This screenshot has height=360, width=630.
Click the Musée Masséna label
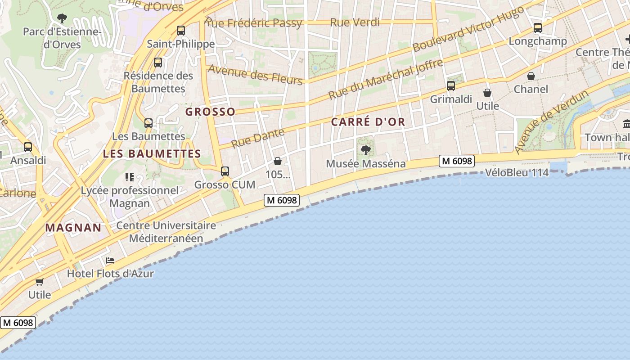point(365,163)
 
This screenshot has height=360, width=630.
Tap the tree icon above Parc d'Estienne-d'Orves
point(62,18)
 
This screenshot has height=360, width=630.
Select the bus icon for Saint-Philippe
point(181,31)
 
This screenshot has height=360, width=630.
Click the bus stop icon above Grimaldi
point(451,85)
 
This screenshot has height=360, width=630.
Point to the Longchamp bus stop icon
point(537,28)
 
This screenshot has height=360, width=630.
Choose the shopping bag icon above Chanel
point(531,76)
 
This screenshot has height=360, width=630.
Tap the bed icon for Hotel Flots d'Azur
point(110,261)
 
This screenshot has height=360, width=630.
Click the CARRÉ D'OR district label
point(368,121)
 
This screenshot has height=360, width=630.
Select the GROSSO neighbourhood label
point(210,112)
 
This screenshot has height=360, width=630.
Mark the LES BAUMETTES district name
point(152,153)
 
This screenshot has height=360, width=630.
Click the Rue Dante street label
point(258,138)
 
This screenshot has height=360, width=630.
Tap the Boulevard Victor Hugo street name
point(468,28)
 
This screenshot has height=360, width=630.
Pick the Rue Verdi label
point(355,22)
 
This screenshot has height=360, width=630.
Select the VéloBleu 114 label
point(517,172)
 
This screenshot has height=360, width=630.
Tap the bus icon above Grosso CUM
point(225,171)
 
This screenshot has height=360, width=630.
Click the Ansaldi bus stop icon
point(28,147)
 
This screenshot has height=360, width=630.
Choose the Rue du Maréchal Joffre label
point(386,79)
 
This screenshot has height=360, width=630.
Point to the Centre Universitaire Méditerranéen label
point(166,232)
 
